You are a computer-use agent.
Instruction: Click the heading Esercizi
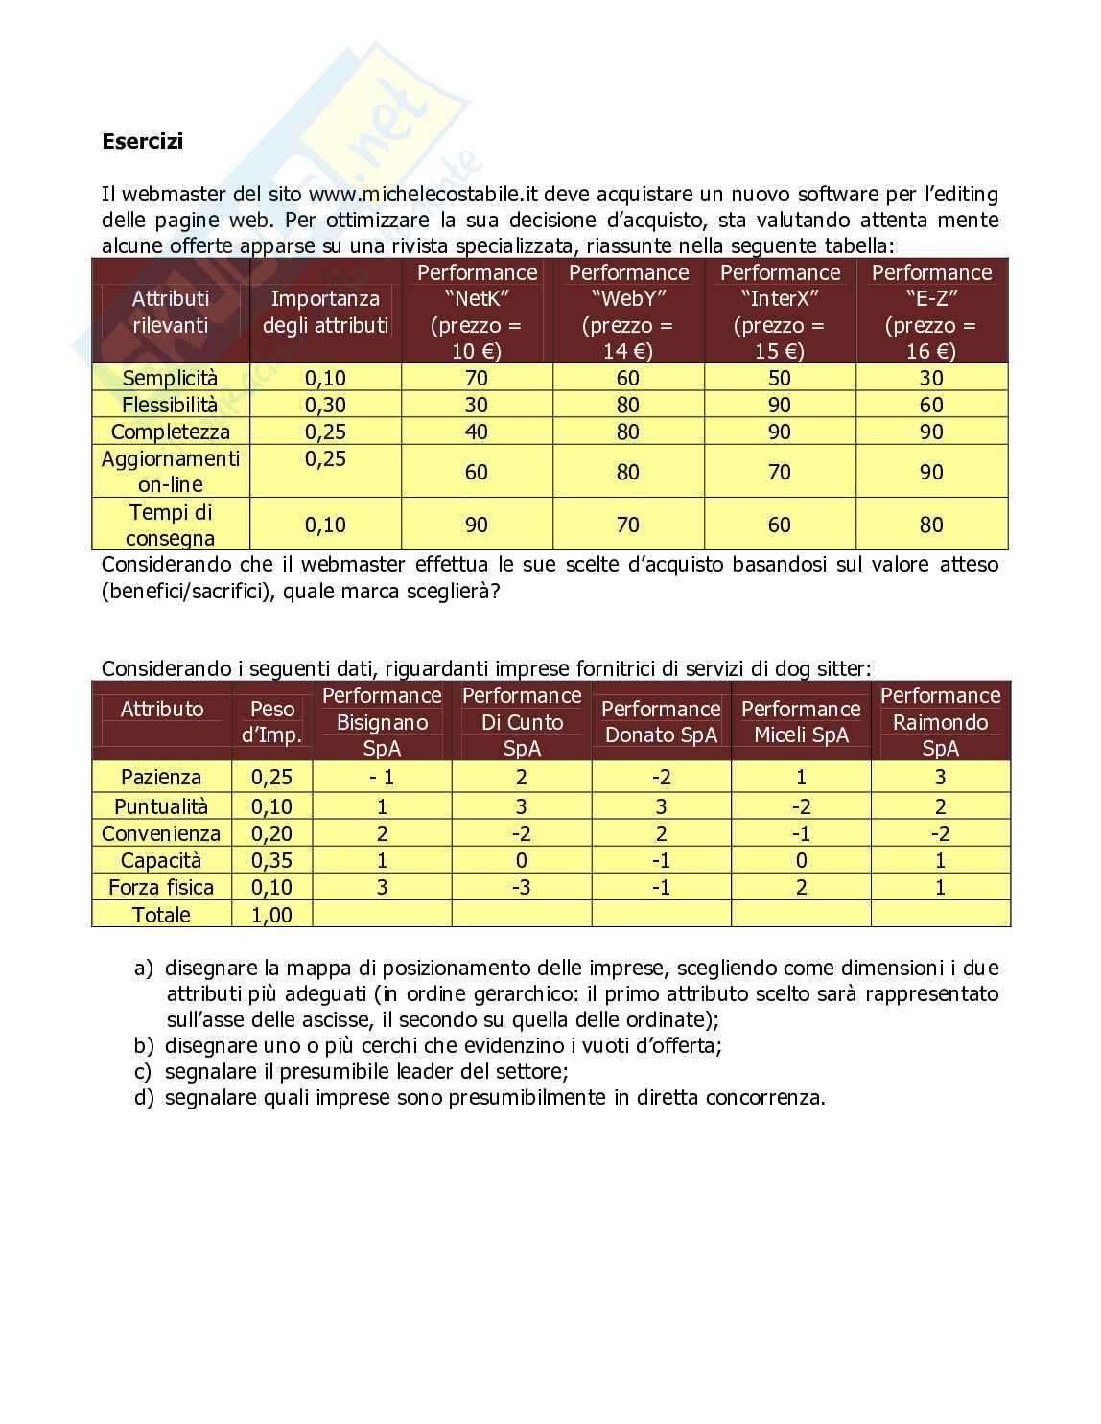tap(142, 142)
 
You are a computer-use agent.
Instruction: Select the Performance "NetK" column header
tap(477, 311)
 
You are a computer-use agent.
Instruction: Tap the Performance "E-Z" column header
tap(931, 311)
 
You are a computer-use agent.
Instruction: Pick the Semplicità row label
tap(170, 378)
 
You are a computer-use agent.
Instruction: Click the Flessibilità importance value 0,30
tap(325, 405)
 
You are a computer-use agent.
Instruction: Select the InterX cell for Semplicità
tap(780, 378)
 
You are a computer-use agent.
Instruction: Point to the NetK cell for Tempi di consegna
tap(477, 525)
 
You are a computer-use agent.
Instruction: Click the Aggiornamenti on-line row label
tap(170, 471)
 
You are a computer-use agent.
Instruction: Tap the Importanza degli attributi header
tap(325, 312)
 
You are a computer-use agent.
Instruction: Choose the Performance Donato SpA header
tap(661, 721)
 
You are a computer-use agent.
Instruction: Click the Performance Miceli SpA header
tap(801, 721)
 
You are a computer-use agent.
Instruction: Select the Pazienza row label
tap(161, 777)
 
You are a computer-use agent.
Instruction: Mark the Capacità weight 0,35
tap(271, 860)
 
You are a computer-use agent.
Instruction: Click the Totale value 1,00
tap(271, 915)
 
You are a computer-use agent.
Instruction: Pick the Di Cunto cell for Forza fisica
tap(522, 887)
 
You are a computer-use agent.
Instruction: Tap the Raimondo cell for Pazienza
tap(940, 777)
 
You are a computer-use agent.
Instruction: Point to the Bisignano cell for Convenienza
tap(382, 833)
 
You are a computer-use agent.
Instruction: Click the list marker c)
tap(143, 1071)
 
